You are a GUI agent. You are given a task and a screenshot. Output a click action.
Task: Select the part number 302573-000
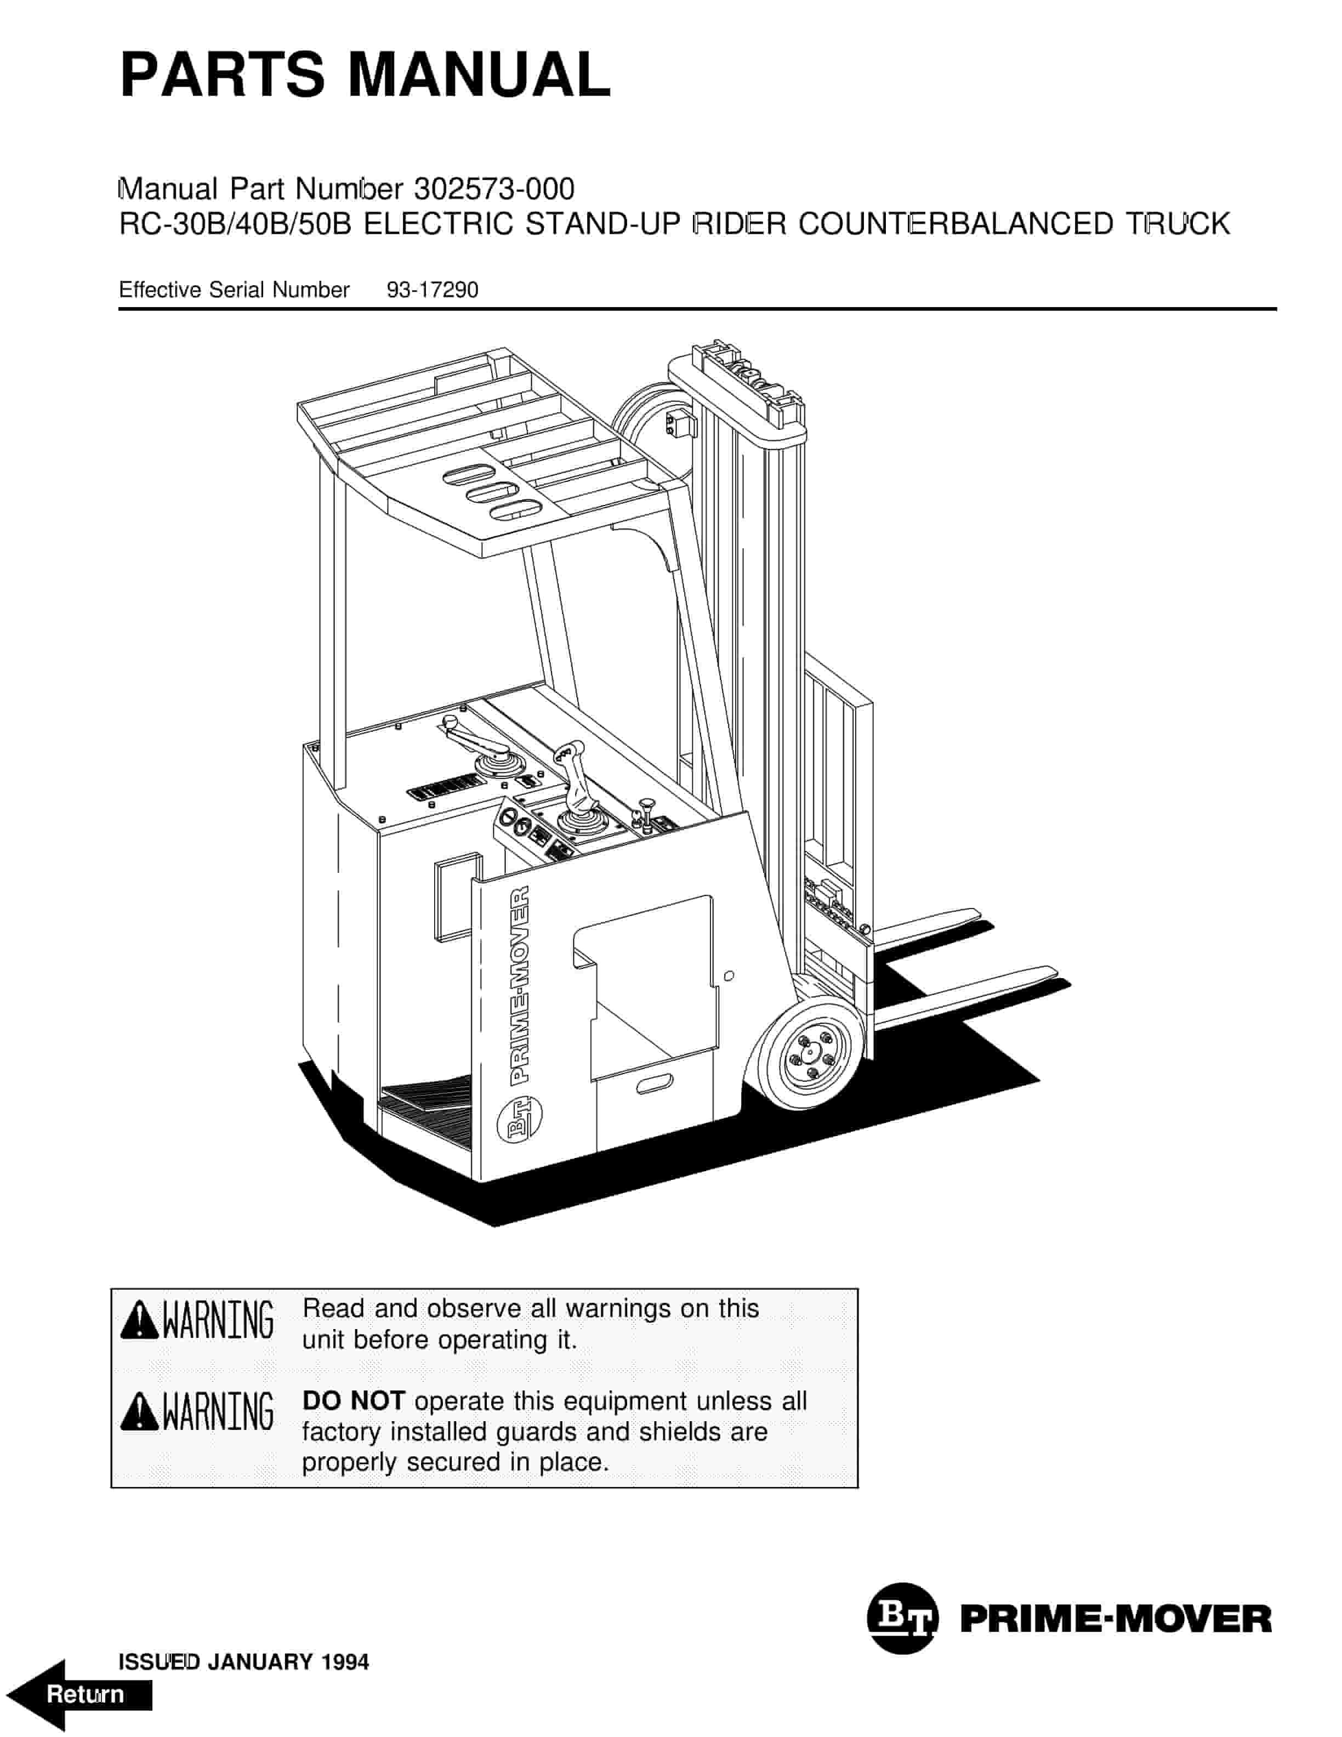click(x=494, y=189)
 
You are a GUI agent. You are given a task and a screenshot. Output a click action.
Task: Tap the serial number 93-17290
click(x=433, y=290)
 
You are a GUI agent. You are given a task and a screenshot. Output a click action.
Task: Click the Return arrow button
click(x=83, y=1695)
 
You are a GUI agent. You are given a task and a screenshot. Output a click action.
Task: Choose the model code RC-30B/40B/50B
click(x=235, y=224)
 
